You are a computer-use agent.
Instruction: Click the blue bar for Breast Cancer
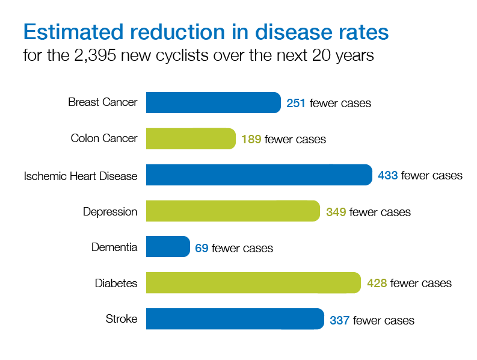click(x=213, y=102)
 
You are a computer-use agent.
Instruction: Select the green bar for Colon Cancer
click(x=191, y=138)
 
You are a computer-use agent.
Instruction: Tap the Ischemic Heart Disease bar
click(x=259, y=175)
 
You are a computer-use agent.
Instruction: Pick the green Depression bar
click(x=233, y=211)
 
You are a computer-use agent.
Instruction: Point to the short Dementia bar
click(x=168, y=247)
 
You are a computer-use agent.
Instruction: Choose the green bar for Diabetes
click(x=253, y=282)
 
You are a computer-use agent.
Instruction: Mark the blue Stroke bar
click(x=235, y=319)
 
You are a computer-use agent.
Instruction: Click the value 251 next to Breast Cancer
click(x=296, y=103)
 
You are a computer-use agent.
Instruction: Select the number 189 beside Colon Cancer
click(x=251, y=139)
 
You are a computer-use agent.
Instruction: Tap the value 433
click(x=387, y=175)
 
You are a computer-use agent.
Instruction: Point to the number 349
click(x=336, y=211)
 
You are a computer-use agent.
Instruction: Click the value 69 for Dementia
click(x=202, y=247)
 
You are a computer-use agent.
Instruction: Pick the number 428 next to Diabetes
click(x=377, y=283)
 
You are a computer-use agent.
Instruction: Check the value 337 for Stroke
click(x=339, y=320)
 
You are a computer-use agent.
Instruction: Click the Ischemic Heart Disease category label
click(x=81, y=176)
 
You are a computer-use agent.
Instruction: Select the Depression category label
click(x=110, y=212)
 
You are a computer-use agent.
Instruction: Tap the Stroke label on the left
click(x=121, y=319)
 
